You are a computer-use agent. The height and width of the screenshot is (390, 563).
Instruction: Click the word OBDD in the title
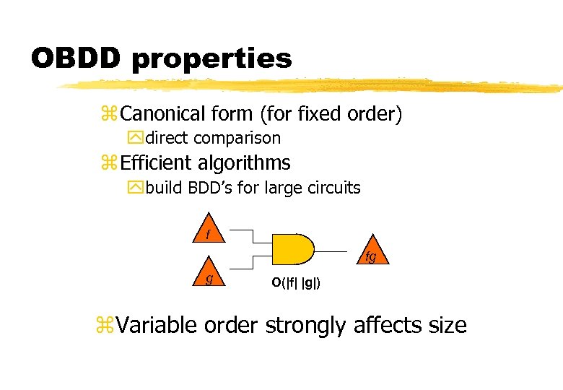point(77,58)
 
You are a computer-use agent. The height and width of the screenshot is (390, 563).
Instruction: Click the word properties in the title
point(211,60)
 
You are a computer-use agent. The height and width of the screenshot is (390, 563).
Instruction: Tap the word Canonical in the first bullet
point(163,113)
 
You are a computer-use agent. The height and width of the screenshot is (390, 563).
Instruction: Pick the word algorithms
point(248,164)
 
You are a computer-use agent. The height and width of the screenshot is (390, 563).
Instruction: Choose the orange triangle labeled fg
point(370,253)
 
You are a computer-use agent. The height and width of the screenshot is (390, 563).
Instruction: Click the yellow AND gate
point(292,249)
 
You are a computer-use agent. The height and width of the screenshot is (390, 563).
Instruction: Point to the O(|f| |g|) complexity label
point(297,282)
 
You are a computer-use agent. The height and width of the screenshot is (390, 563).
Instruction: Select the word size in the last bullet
point(448,326)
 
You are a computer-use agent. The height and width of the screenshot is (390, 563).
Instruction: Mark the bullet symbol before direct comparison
point(135,138)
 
